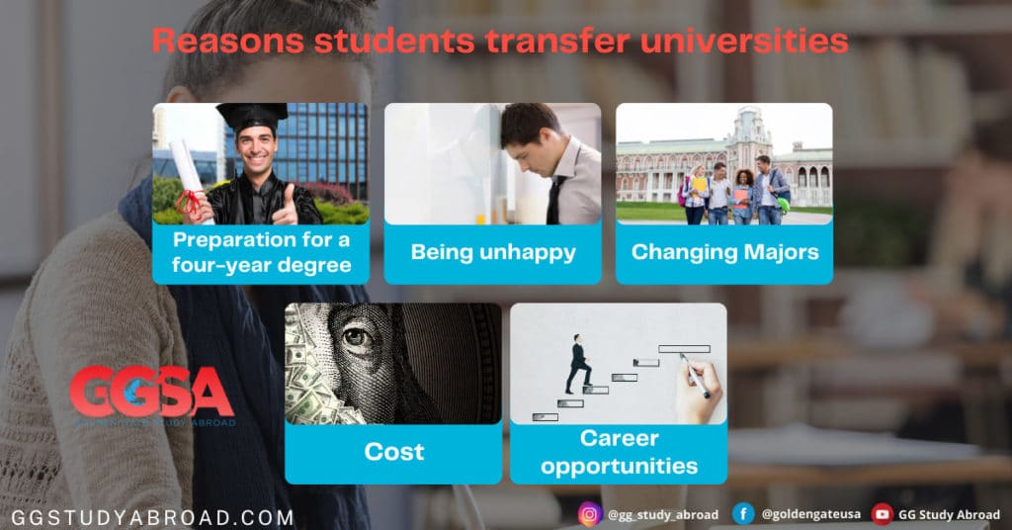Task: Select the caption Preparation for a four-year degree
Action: point(260,253)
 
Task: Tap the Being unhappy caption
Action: point(492,252)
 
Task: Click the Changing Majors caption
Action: point(724,252)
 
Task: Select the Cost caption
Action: point(393,452)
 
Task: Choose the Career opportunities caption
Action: point(619,451)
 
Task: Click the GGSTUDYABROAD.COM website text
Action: point(152,517)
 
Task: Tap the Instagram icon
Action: point(590,514)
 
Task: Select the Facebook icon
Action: point(743,514)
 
